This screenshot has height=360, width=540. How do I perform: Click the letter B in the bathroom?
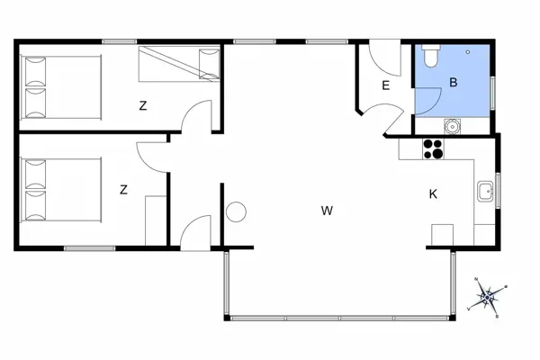pyautogui.click(x=454, y=84)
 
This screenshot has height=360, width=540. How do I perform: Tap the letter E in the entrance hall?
pyautogui.click(x=385, y=86)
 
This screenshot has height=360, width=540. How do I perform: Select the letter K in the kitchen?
pyautogui.click(x=433, y=193)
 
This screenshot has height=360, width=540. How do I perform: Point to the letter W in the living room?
pyautogui.click(x=328, y=211)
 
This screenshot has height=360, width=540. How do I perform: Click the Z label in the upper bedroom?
pyautogui.click(x=142, y=106)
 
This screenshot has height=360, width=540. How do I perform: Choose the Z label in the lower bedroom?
pyautogui.click(x=123, y=189)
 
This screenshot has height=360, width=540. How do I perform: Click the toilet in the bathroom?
pyautogui.click(x=428, y=57)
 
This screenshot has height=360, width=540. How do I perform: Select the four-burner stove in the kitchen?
pyautogui.click(x=433, y=149)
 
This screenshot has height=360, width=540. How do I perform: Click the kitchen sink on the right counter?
pyautogui.click(x=486, y=190)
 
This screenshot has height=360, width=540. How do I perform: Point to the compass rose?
pyautogui.click(x=489, y=295)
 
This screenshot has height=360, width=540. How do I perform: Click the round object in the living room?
pyautogui.click(x=237, y=212)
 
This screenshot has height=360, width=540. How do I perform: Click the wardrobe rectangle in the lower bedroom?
pyautogui.click(x=155, y=218)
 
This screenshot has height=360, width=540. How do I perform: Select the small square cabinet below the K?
pyautogui.click(x=443, y=234)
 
